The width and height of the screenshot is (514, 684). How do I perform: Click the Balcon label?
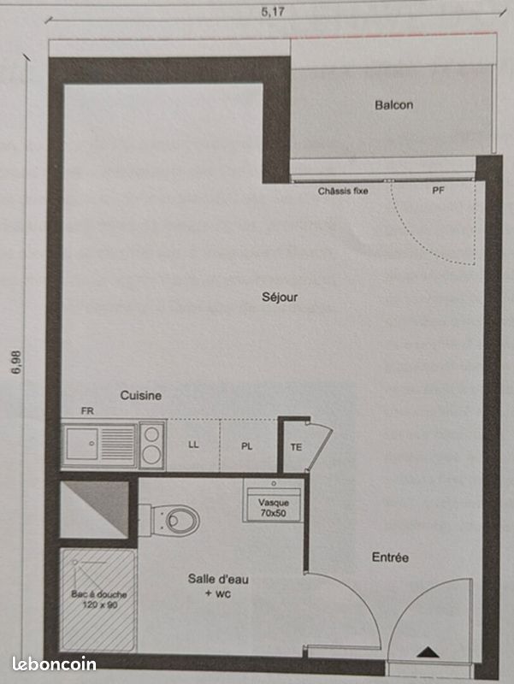point(393,105)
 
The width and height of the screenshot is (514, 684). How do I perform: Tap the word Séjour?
point(280,298)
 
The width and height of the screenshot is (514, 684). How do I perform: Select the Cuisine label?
point(141,396)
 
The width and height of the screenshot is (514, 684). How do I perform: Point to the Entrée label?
point(390,557)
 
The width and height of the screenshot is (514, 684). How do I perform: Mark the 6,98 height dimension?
point(15,363)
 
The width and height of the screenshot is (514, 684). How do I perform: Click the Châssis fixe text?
point(343,191)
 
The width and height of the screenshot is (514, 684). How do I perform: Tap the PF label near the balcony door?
point(438,191)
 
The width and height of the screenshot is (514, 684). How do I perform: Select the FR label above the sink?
point(86,411)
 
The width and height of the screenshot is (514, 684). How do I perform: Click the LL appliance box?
point(193,445)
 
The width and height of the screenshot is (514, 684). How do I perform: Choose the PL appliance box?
point(247,445)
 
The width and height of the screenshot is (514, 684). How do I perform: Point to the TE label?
point(296,446)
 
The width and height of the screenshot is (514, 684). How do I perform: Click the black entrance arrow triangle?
point(425,653)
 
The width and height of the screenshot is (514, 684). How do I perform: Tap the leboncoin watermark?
point(54,663)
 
